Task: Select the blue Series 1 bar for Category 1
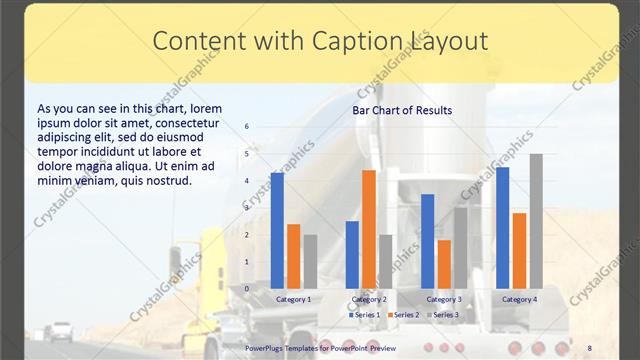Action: (277, 231)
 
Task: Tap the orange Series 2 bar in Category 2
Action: (369, 229)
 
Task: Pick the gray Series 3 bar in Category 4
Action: (536, 221)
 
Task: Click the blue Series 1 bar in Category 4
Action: (502, 228)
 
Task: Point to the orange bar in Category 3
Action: (444, 264)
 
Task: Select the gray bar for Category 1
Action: (310, 262)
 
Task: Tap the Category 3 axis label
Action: (444, 299)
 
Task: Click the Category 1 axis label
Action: (294, 299)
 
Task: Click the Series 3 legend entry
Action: (444, 315)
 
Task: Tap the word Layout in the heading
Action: (447, 41)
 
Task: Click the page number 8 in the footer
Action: (589, 346)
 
